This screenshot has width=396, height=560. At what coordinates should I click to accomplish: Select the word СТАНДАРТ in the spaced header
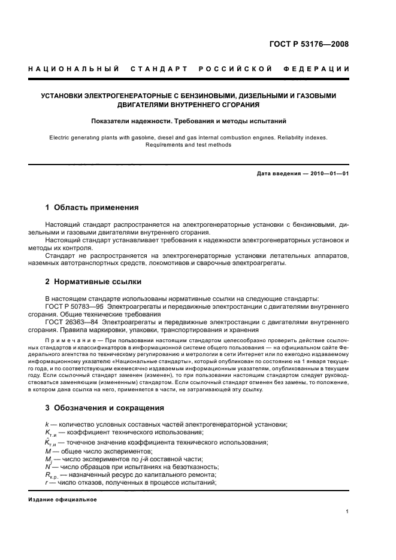pyautogui.click(x=158, y=69)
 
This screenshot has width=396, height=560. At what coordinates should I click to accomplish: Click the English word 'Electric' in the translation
pyautogui.click(x=61, y=137)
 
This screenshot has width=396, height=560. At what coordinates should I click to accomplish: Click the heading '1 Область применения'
pyautogui.click(x=92, y=208)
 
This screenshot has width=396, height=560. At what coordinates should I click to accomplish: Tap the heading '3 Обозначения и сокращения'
pyautogui.click(x=105, y=408)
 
